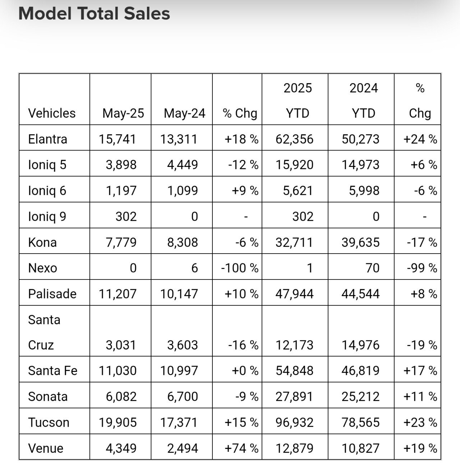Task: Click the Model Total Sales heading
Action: (x=94, y=13)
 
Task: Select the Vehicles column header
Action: (x=52, y=113)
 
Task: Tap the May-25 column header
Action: (x=123, y=113)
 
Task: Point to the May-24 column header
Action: (x=184, y=113)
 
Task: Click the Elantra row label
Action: (x=47, y=139)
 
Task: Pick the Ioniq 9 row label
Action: (x=47, y=217)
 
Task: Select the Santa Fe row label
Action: (x=53, y=371)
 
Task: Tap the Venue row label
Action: (x=46, y=448)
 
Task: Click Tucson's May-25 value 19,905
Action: (x=118, y=422)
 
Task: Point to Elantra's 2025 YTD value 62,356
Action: (x=294, y=139)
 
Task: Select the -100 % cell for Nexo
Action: (x=240, y=268)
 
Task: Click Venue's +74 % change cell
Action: (x=241, y=448)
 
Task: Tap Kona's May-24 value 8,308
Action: (x=183, y=242)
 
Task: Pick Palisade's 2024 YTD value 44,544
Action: (x=360, y=294)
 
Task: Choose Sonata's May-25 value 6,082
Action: (x=121, y=396)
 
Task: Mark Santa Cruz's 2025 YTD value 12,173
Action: (x=294, y=345)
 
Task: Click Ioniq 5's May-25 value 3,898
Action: (x=121, y=165)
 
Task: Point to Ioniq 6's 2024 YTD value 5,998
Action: (x=364, y=191)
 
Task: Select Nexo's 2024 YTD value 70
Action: (x=373, y=268)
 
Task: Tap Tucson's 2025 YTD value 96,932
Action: (x=294, y=422)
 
